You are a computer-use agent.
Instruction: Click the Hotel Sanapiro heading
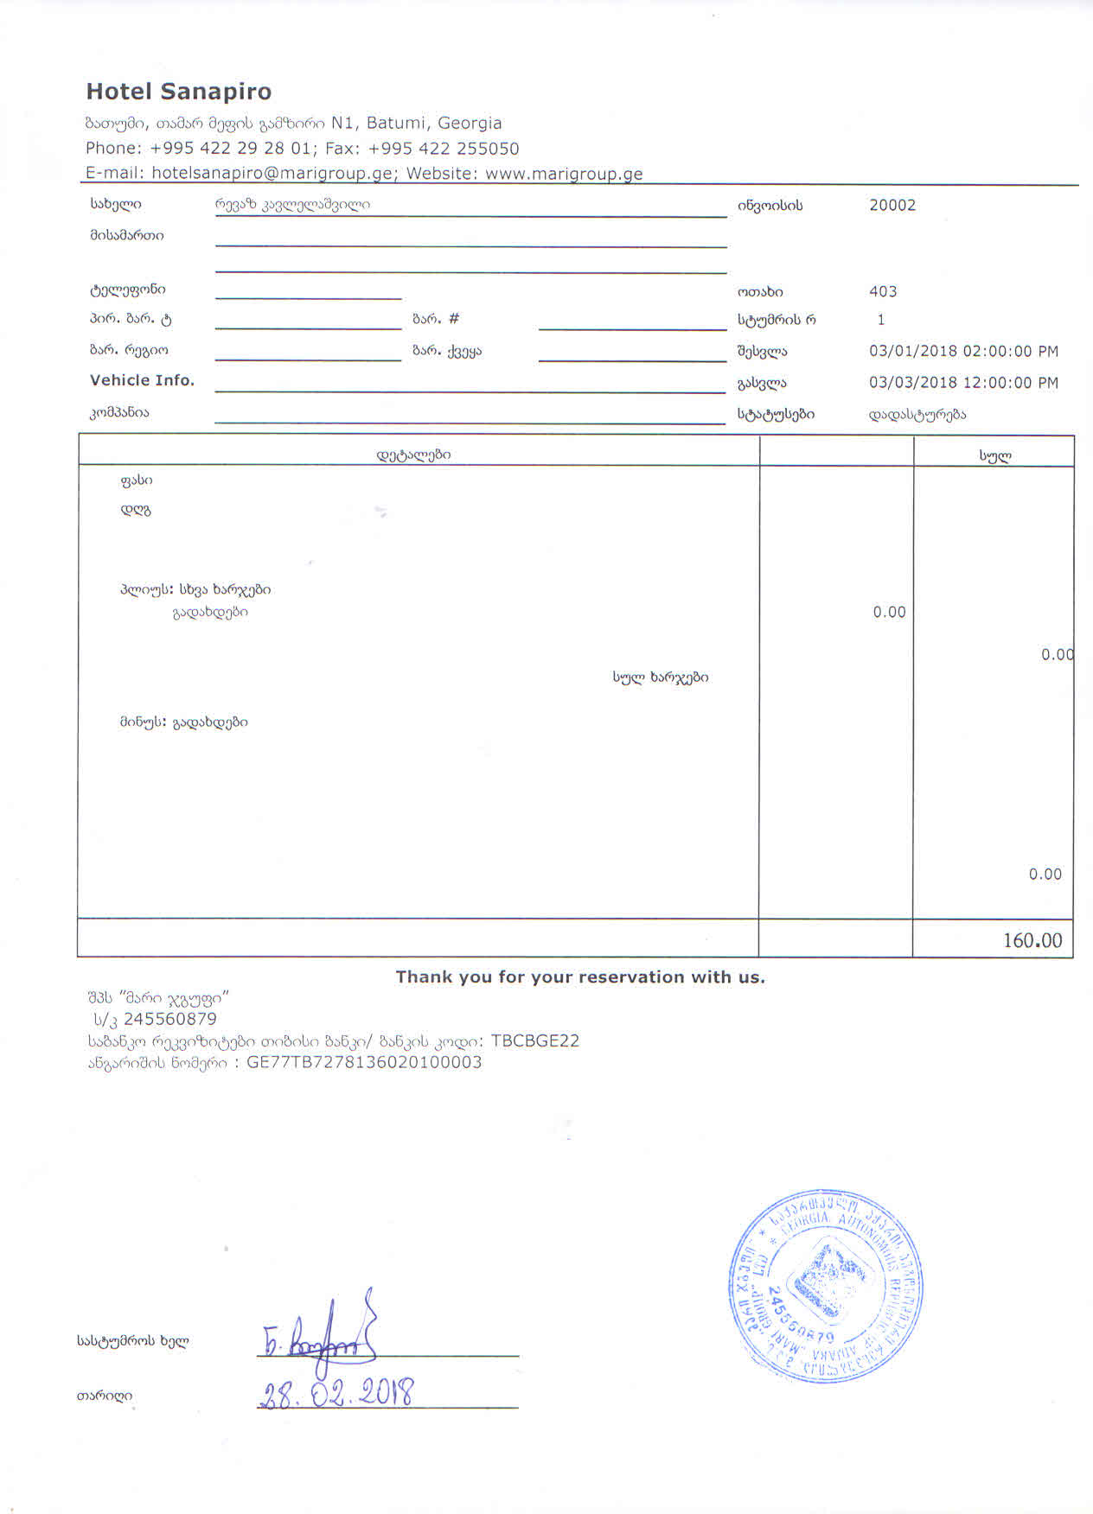(178, 92)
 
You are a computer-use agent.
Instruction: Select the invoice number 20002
(892, 206)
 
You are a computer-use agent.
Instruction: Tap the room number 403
(883, 292)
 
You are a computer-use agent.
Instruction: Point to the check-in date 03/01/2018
(913, 352)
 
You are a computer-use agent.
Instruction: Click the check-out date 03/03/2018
(913, 383)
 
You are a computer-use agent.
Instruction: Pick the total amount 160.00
(1032, 940)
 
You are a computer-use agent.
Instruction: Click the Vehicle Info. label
(142, 380)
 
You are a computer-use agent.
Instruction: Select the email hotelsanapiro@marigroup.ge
(272, 173)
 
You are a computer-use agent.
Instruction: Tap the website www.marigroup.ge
(564, 173)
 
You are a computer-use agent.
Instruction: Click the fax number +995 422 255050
(444, 148)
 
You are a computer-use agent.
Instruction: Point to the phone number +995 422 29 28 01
(230, 148)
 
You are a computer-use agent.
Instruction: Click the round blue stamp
(826, 1291)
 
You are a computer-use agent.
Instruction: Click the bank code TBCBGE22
(534, 1040)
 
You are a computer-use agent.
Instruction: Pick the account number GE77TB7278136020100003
(364, 1062)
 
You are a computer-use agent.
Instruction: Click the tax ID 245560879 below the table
(169, 1019)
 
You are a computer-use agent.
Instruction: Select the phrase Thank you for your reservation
(579, 977)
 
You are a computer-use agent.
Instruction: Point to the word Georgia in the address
(470, 123)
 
